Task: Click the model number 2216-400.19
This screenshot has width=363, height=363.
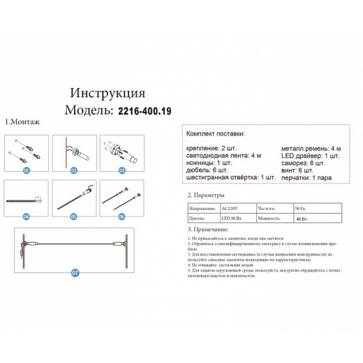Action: click(x=145, y=110)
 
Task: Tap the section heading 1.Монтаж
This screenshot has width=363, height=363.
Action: click(x=22, y=121)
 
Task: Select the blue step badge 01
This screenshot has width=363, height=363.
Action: click(x=27, y=170)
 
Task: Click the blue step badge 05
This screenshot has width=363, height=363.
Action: click(x=72, y=216)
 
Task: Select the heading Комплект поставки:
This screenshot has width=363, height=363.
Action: click(x=216, y=134)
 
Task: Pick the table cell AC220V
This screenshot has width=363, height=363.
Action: click(x=230, y=208)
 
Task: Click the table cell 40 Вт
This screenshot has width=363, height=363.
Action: click(x=302, y=218)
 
